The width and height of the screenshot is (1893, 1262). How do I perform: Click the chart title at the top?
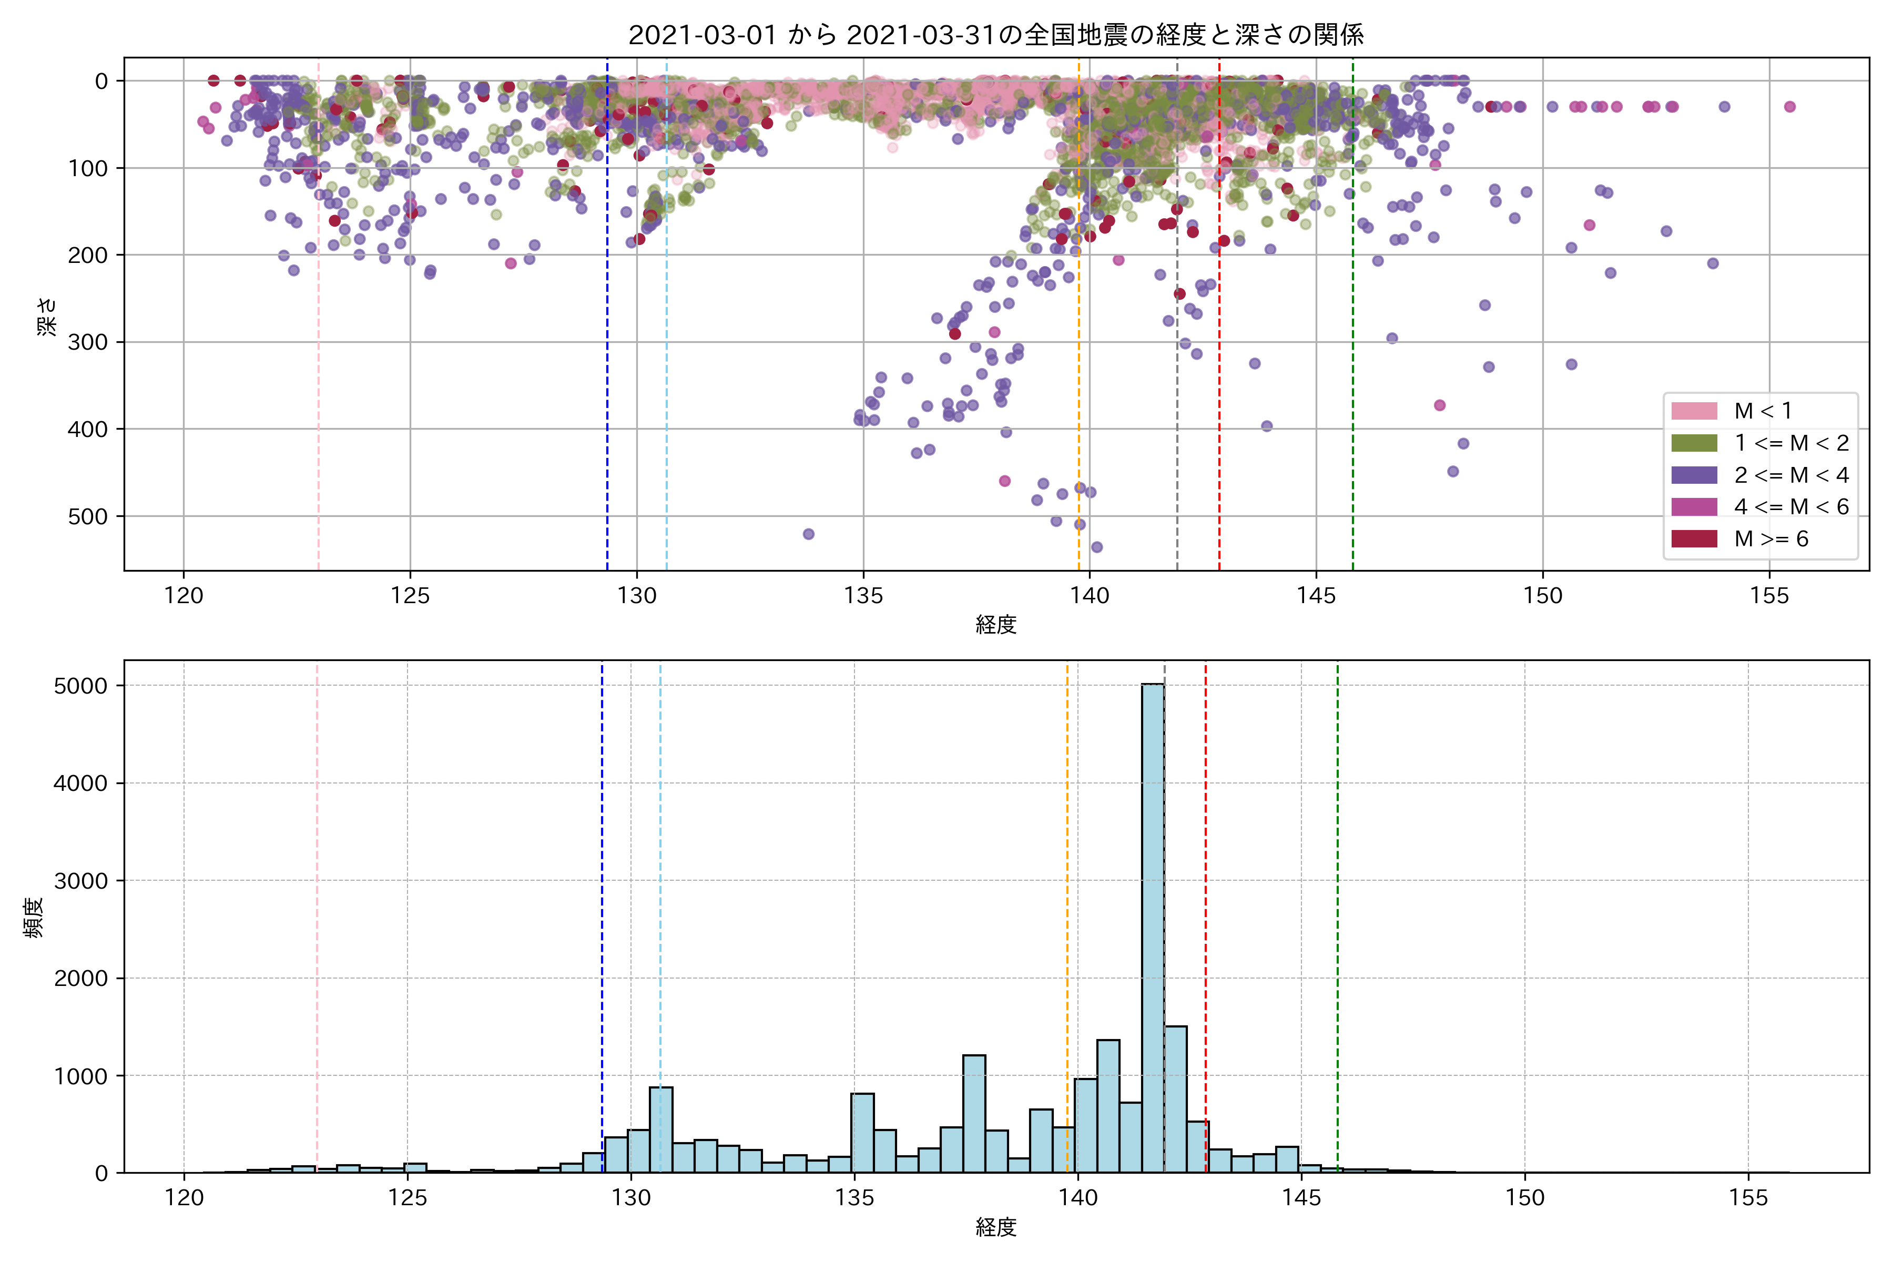click(x=995, y=35)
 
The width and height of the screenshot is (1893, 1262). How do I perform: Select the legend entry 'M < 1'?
click(x=1763, y=411)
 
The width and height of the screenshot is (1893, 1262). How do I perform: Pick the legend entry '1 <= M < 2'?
click(x=1791, y=443)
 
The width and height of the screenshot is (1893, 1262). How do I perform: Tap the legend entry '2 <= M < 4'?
click(x=1791, y=475)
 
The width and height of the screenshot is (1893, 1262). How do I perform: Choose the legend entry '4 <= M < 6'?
click(x=1791, y=506)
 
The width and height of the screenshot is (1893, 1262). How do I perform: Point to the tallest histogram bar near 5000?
click(x=1153, y=925)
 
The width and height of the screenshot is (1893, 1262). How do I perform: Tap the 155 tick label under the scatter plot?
click(x=1769, y=596)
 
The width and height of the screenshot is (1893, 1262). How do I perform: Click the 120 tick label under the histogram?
click(x=185, y=1198)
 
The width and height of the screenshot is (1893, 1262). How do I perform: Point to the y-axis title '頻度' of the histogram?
click(x=34, y=918)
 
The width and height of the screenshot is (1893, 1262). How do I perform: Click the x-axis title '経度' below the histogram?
click(x=995, y=1227)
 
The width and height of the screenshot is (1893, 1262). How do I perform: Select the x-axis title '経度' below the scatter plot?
click(x=995, y=625)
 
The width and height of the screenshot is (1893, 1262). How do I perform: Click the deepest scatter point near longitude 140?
click(x=1096, y=547)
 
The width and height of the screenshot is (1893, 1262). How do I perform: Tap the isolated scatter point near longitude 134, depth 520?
click(x=809, y=534)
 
